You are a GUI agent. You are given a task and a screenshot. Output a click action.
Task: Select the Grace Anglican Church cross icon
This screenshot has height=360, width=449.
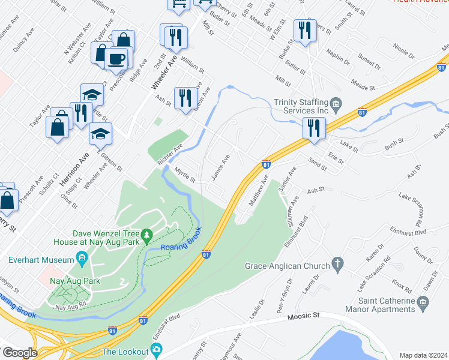[338, 265]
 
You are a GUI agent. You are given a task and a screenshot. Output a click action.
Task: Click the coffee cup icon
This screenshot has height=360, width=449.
[116, 60]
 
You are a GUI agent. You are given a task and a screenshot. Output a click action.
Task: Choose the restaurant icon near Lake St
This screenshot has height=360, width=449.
[314, 128]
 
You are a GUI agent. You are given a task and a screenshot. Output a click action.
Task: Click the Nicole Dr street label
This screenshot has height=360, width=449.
[403, 46]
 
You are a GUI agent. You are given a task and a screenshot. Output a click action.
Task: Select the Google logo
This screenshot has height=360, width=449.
[20, 352]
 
